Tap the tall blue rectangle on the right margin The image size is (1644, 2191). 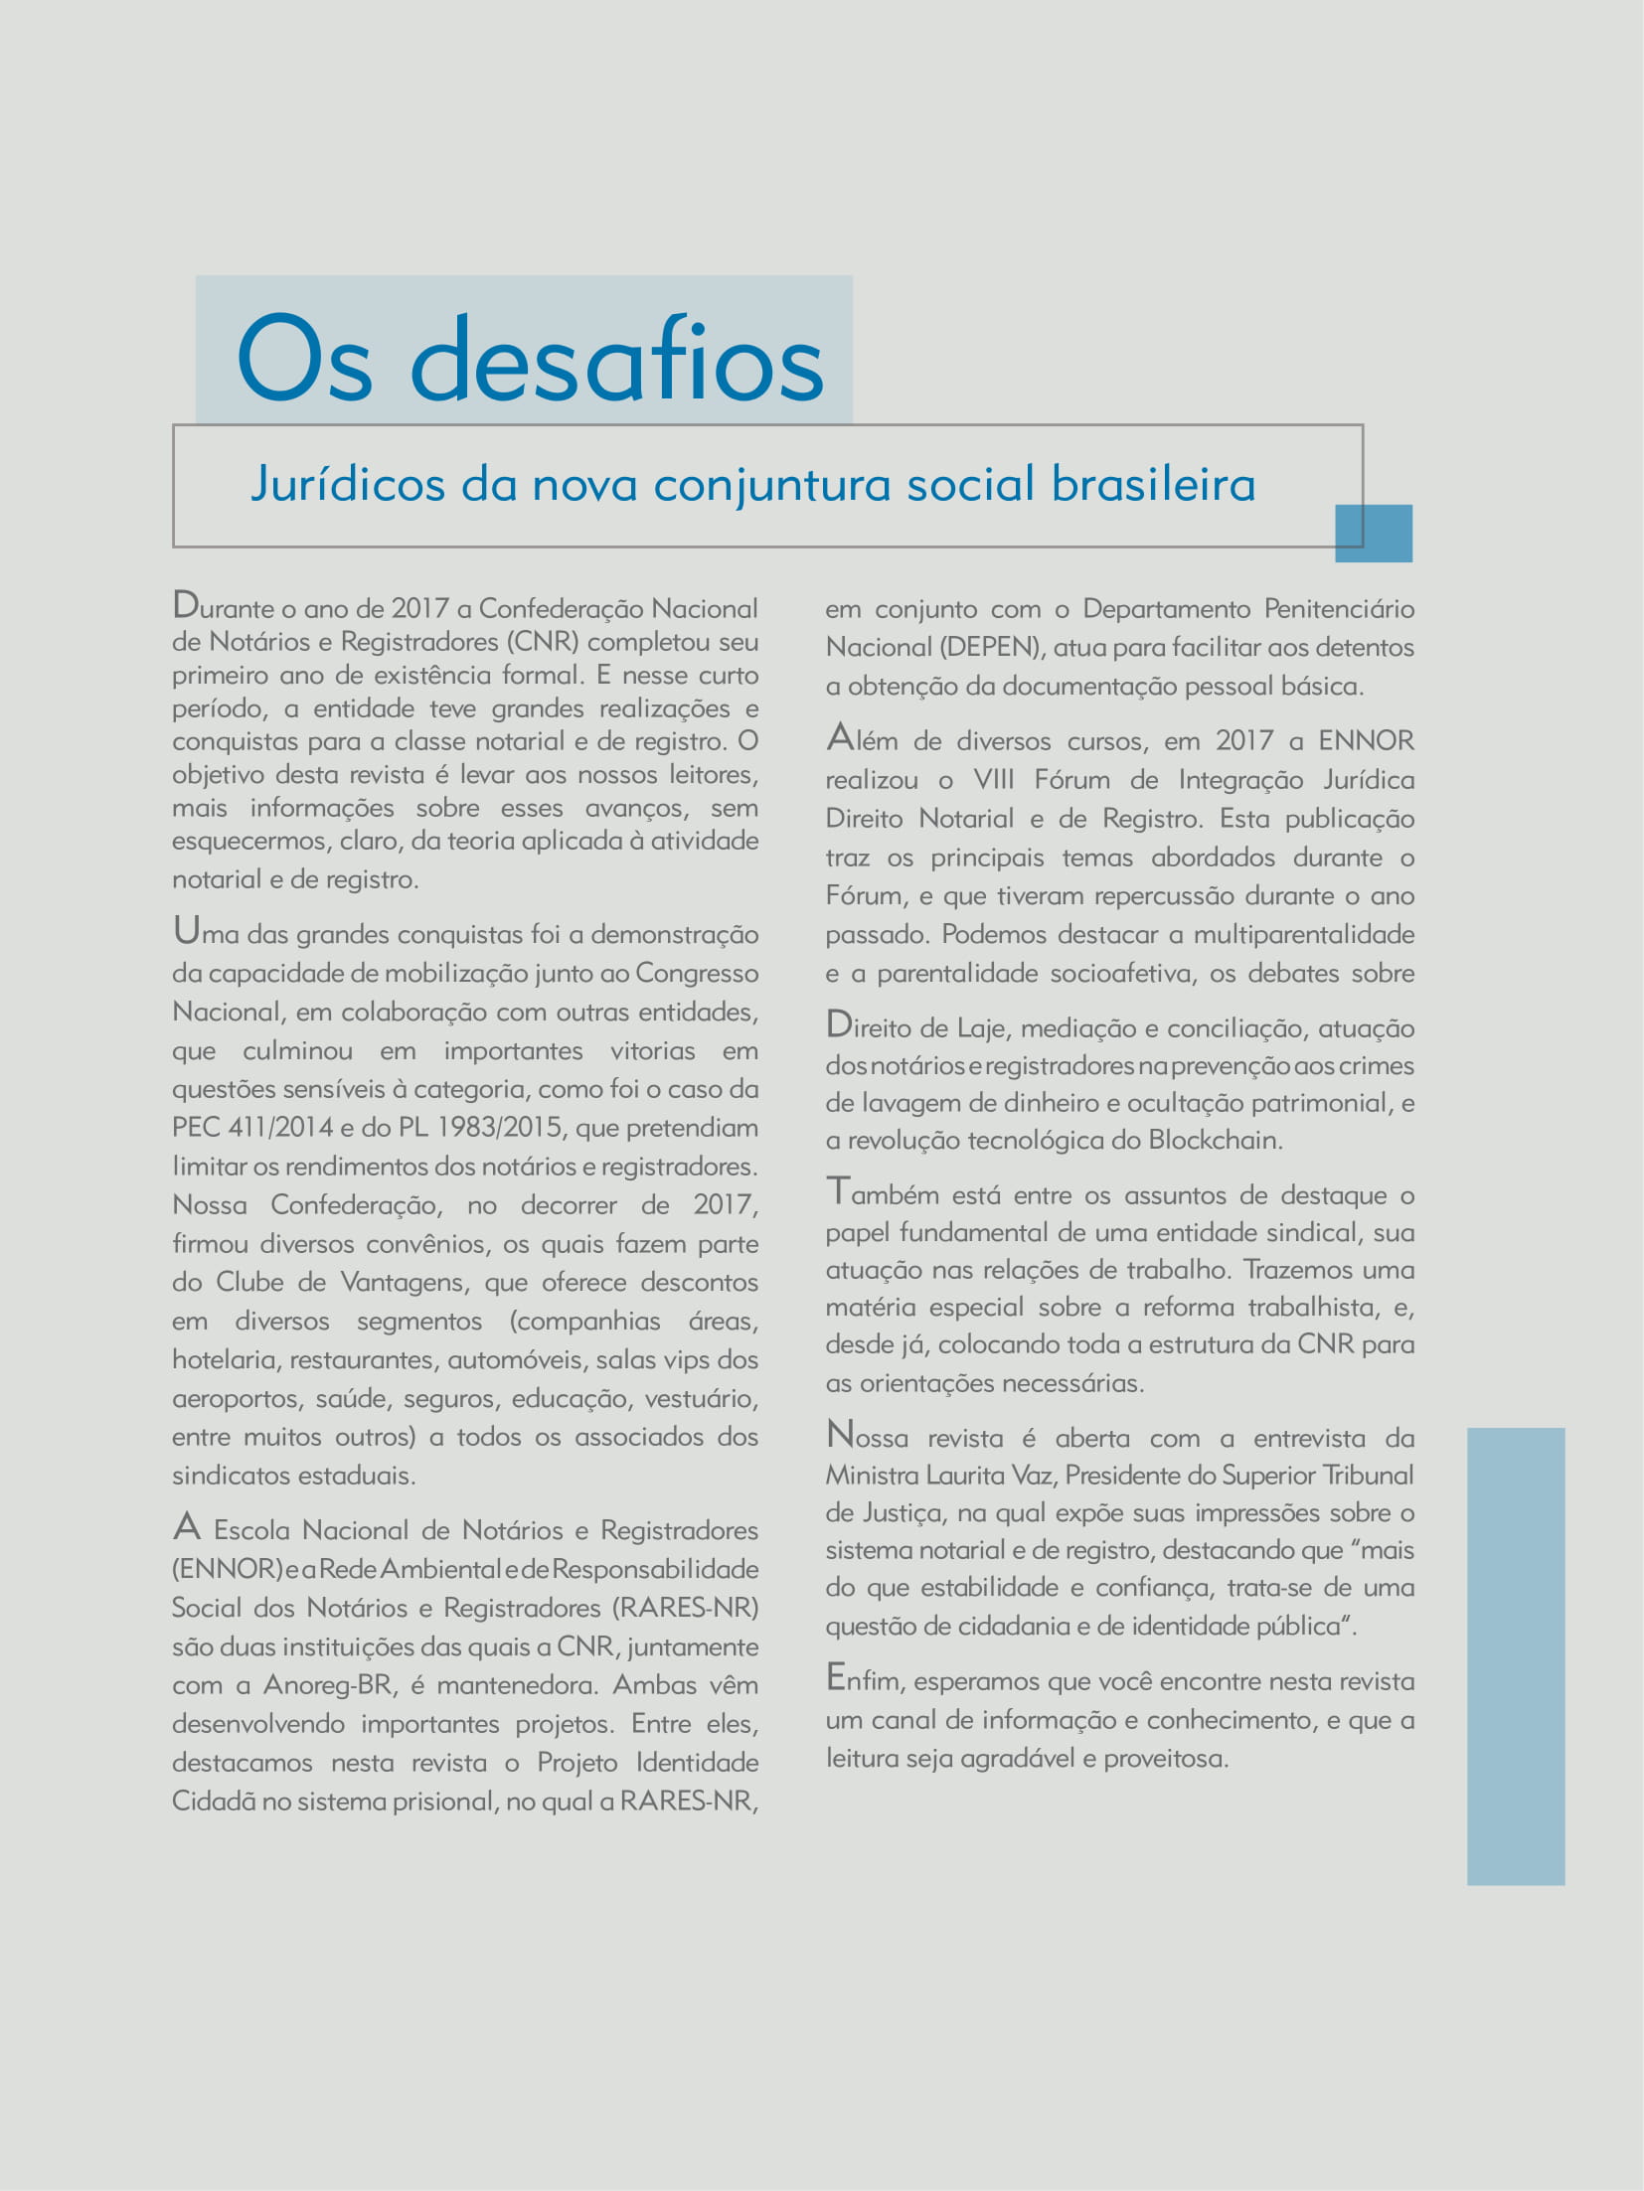coord(1516,1656)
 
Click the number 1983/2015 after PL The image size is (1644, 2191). coord(499,1128)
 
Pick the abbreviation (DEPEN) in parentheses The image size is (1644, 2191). coord(989,648)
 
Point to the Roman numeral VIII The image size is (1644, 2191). coord(994,780)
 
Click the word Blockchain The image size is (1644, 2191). coord(1215,1140)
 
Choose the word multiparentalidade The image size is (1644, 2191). coord(1303,935)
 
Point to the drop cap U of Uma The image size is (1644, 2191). coord(186,930)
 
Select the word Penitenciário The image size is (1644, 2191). coord(1339,609)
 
